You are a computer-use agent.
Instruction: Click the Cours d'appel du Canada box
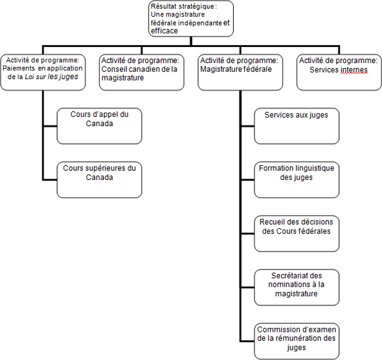(99, 125)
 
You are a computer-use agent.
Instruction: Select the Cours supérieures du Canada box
(99, 179)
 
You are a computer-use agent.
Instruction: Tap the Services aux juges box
(296, 125)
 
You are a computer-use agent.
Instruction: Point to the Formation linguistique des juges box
(296, 179)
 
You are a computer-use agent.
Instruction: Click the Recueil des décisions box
(296, 233)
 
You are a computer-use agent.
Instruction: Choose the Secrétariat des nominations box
(296, 287)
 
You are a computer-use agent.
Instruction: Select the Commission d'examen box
(296, 340)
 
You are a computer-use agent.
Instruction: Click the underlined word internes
(352, 69)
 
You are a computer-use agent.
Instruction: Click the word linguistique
(313, 168)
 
